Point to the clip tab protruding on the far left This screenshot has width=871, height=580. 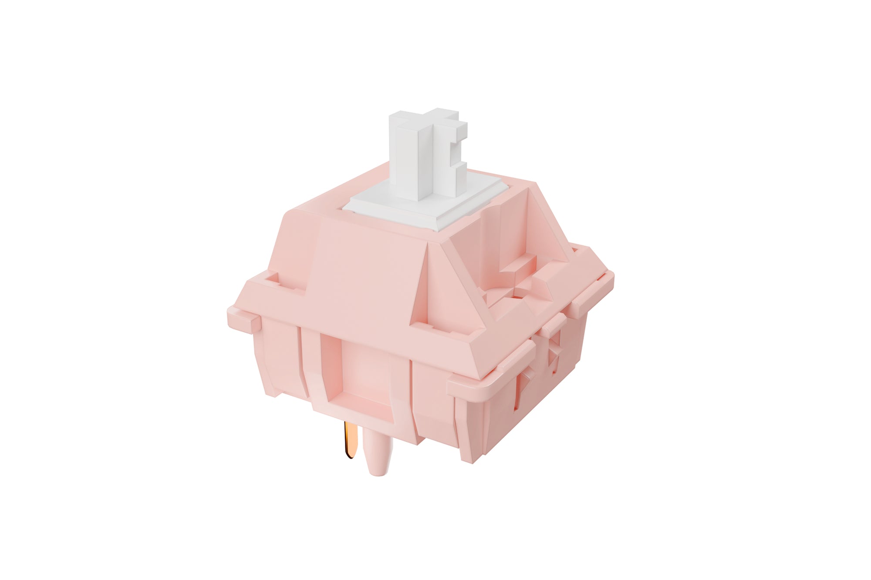pyautogui.click(x=244, y=320)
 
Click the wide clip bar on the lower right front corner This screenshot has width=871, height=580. pyautogui.click(x=492, y=370)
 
